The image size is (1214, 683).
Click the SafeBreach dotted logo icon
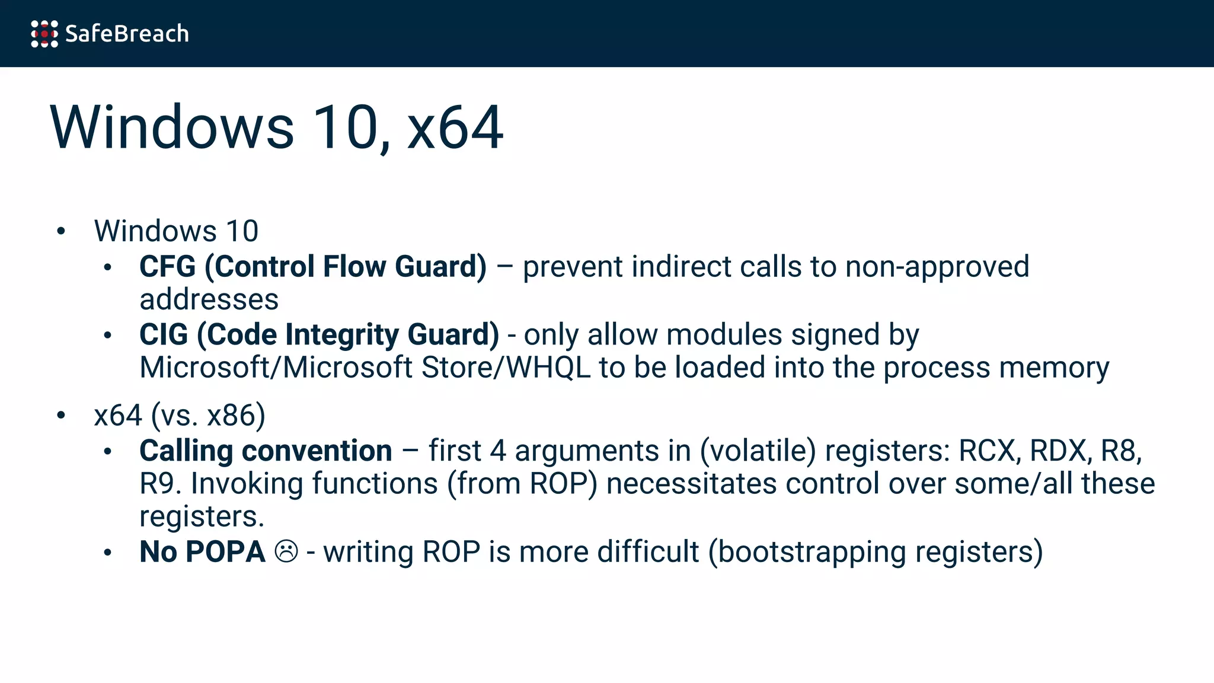(x=44, y=34)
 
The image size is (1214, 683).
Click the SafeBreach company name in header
(x=127, y=34)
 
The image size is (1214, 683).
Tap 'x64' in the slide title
(x=455, y=127)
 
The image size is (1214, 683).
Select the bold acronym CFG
(x=167, y=267)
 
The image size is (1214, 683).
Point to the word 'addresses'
(x=209, y=299)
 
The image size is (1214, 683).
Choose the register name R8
(x=1120, y=451)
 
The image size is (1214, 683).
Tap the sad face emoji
(x=286, y=552)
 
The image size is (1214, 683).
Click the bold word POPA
(x=225, y=552)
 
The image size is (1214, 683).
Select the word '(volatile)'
(x=758, y=451)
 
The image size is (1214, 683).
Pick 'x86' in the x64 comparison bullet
(x=236, y=416)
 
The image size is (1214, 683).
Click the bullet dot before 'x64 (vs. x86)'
(x=61, y=416)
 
